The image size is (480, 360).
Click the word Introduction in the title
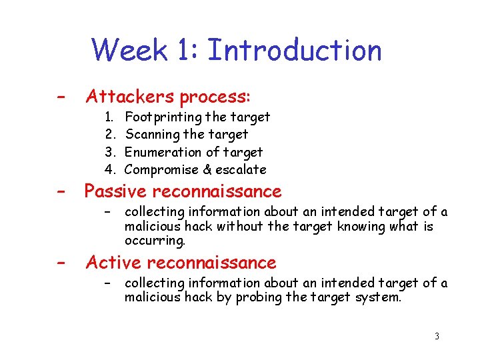pyautogui.click(x=295, y=51)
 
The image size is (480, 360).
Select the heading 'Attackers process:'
pyautogui.click(x=168, y=97)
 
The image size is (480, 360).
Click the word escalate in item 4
pyautogui.click(x=241, y=170)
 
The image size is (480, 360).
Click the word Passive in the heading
pyautogui.click(x=115, y=192)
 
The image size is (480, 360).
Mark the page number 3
pyautogui.click(x=437, y=337)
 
